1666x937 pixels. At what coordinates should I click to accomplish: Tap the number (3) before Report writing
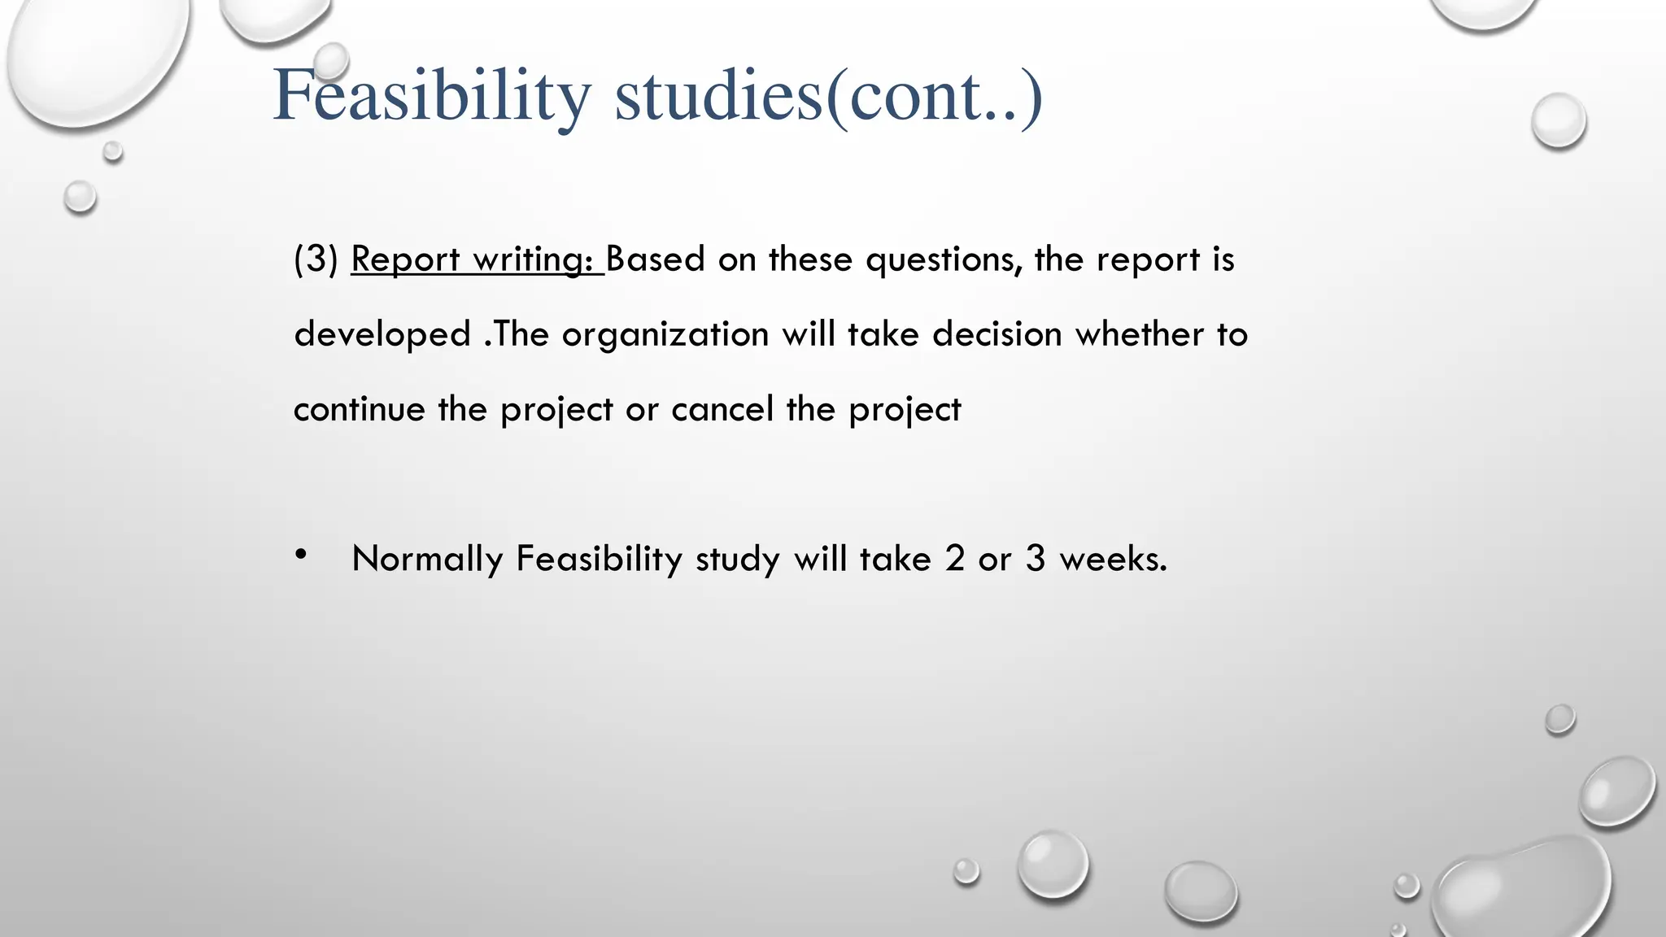[x=316, y=259]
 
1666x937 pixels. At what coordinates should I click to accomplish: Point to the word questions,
[x=944, y=260]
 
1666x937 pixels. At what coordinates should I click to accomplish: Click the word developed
[x=382, y=334]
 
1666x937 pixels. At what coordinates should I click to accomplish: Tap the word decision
[x=997, y=334]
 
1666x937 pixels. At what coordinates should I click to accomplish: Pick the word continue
[x=359, y=409]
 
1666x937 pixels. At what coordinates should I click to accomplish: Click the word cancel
[x=722, y=409]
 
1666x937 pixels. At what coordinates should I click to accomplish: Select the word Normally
[x=427, y=560]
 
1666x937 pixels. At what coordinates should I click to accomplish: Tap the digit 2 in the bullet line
[x=954, y=559]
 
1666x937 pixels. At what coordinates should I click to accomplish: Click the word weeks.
[x=1113, y=559]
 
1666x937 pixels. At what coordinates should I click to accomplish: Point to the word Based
[x=655, y=259]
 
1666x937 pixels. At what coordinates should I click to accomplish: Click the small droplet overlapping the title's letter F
[x=331, y=61]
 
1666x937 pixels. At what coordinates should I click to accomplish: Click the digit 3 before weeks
[x=1035, y=559]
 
